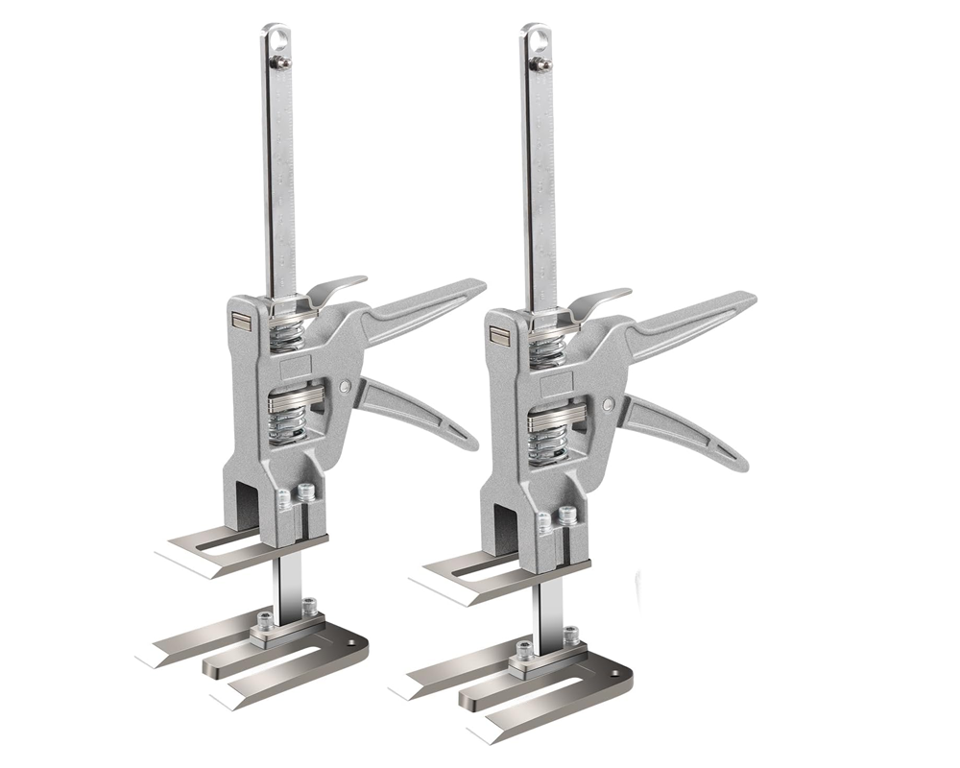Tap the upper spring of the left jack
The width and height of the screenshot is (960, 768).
point(288,337)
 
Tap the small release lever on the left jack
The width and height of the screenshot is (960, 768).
point(336,288)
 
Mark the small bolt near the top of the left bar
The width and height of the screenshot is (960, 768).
point(281,62)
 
